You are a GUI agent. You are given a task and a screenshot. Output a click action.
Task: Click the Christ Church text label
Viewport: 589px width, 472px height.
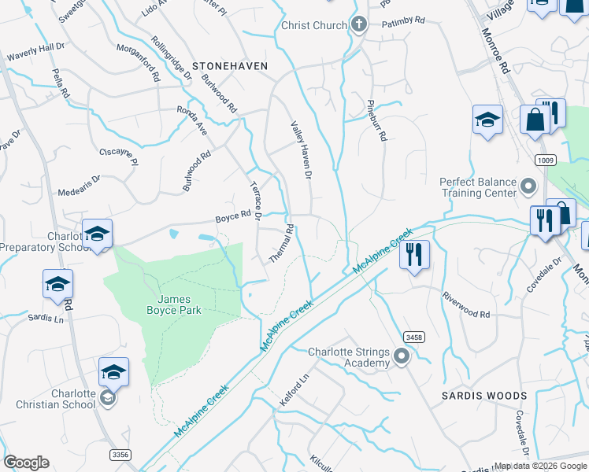click(x=313, y=25)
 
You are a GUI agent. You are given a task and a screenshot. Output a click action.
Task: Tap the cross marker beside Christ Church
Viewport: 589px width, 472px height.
click(x=359, y=24)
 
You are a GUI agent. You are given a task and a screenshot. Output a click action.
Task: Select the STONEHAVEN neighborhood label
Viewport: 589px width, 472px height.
click(x=230, y=66)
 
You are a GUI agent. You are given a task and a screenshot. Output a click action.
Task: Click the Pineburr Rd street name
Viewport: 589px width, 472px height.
click(x=377, y=120)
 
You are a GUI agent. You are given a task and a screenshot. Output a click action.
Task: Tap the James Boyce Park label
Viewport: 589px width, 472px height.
click(x=180, y=304)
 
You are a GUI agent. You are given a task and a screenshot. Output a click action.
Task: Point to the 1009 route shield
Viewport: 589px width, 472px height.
click(x=545, y=160)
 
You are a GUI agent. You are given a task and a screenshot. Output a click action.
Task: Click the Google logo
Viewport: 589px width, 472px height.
click(x=27, y=463)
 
